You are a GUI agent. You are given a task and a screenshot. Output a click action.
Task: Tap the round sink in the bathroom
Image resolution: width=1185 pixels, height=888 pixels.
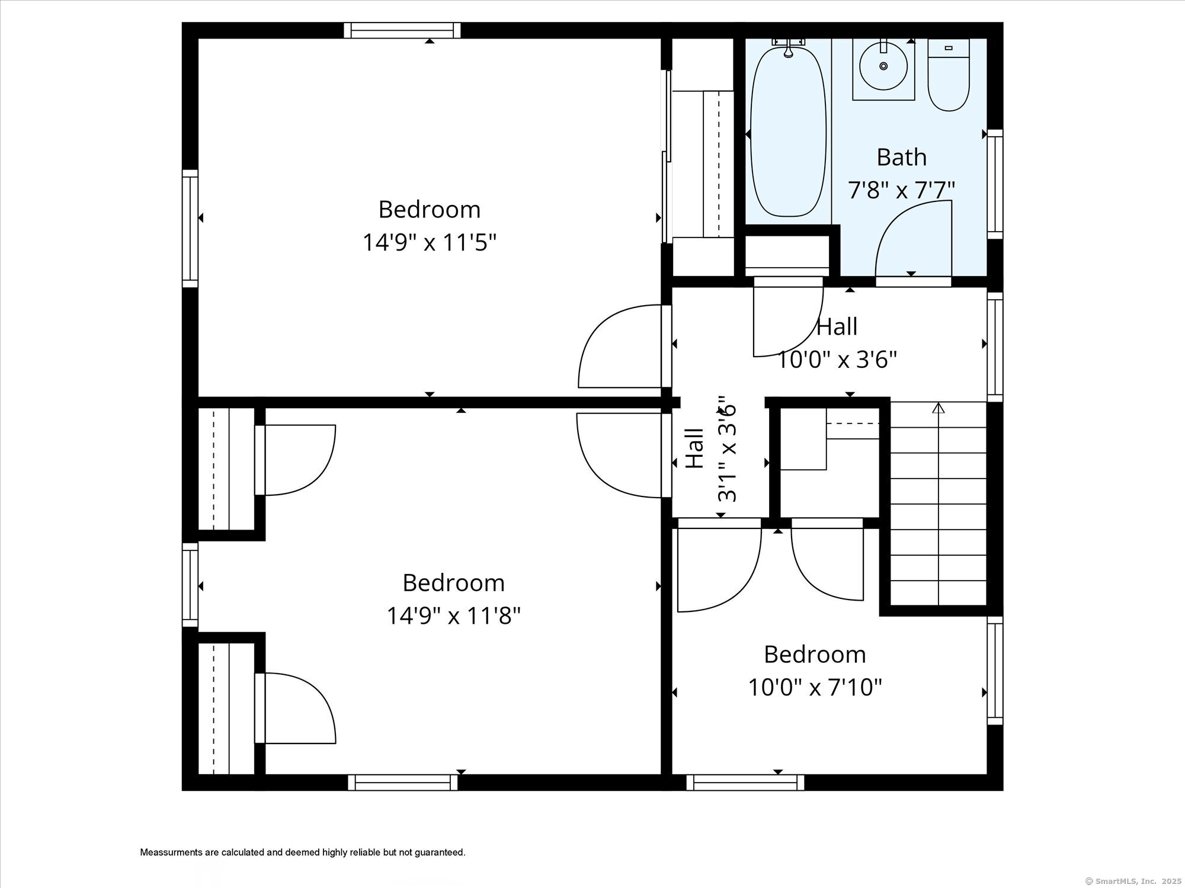pos(883,66)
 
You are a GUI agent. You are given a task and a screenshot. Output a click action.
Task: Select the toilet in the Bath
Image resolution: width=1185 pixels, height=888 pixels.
pos(948,77)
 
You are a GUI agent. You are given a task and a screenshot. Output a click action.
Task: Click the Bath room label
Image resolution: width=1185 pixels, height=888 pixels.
pos(901,158)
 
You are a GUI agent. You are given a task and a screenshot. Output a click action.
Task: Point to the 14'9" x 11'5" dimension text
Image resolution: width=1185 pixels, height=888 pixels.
pos(429,242)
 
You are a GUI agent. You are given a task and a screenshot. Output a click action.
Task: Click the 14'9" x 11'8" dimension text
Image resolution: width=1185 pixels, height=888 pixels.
pos(453,616)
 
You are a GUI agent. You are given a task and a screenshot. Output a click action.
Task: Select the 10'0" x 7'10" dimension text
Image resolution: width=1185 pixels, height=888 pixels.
pos(815,688)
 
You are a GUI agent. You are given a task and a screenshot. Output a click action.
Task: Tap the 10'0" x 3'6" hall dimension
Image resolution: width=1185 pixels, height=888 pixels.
pos(837,360)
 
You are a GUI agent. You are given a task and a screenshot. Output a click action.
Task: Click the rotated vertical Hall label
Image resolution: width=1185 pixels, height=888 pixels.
pos(694,448)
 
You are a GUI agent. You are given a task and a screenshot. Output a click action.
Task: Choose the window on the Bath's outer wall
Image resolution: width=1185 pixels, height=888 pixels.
pos(995,184)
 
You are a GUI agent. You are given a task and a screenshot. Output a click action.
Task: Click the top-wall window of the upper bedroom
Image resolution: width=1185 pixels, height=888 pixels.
pos(402,30)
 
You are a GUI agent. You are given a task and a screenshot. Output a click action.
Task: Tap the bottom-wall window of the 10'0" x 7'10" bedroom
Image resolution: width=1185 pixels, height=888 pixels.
pos(745,783)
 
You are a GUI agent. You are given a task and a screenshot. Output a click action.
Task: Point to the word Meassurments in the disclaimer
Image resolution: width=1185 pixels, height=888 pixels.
pos(171,852)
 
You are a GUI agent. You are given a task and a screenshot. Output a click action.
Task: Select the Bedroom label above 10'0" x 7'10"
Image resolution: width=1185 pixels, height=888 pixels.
pos(815,655)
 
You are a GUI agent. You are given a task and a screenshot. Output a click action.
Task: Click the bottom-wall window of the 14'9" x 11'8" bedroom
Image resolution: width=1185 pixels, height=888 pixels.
pos(403,783)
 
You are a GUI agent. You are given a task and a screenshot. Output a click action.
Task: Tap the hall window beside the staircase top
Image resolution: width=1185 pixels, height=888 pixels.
pos(995,347)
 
